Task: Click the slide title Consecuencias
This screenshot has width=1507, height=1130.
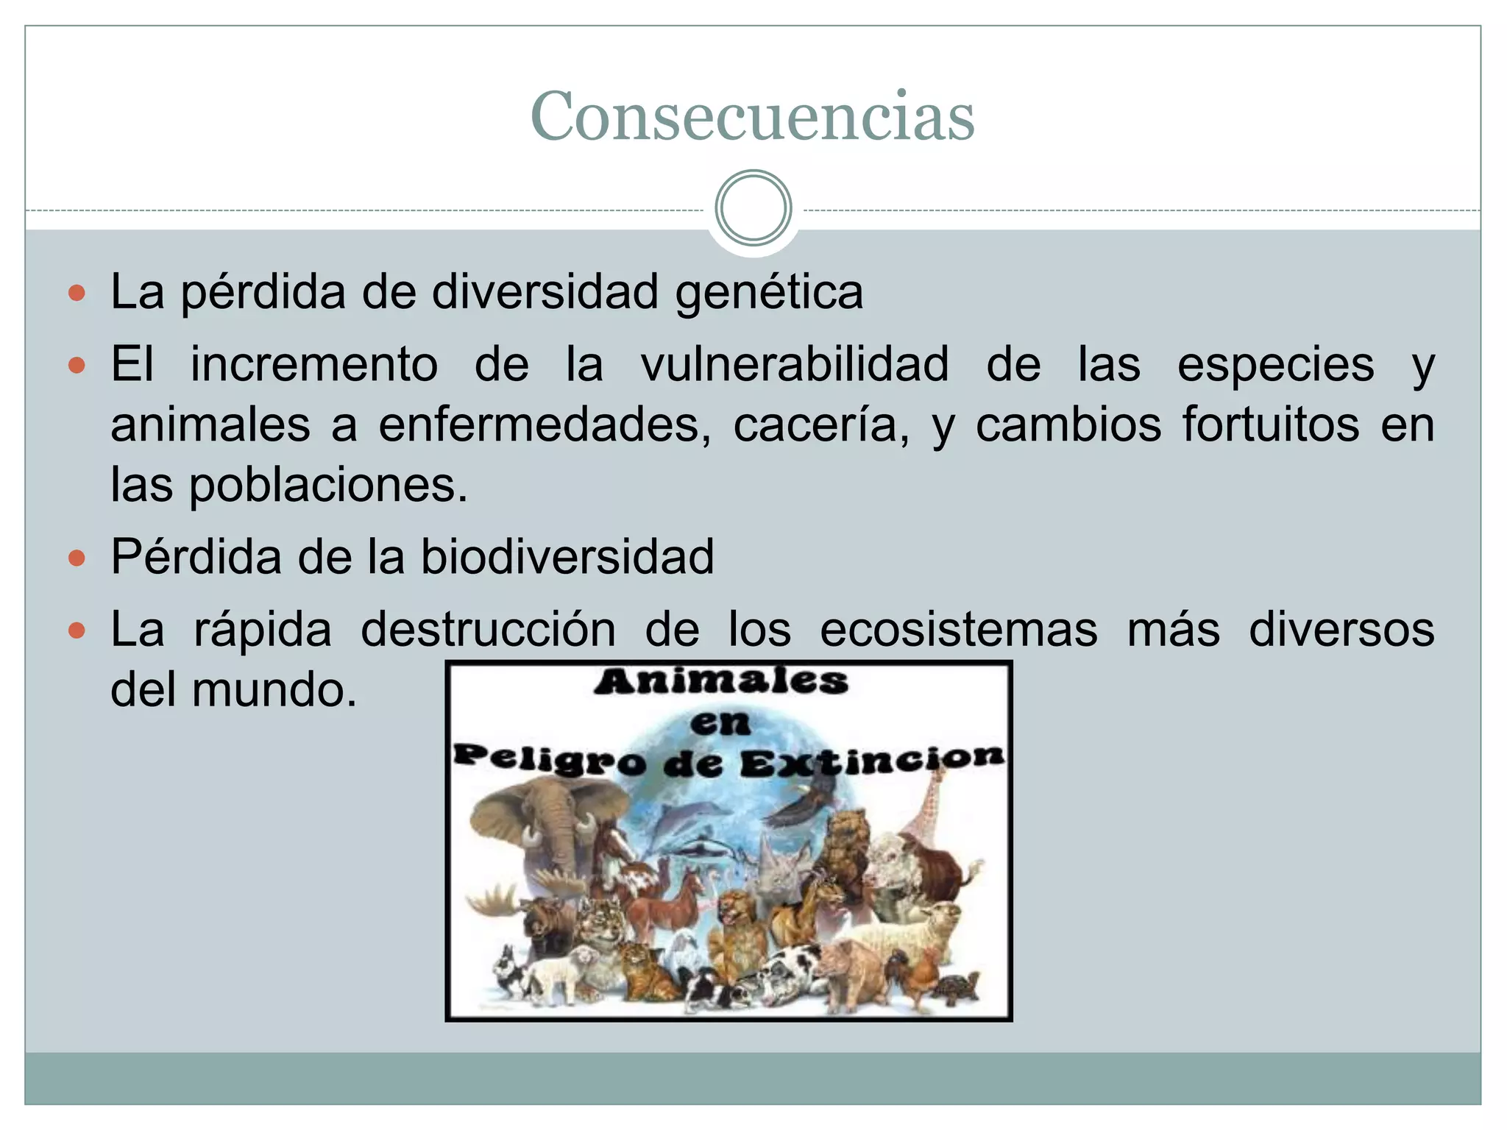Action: pyautogui.click(x=752, y=116)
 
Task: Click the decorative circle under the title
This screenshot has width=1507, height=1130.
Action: pyautogui.click(x=753, y=208)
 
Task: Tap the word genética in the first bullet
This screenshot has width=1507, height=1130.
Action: pyautogui.click(x=769, y=293)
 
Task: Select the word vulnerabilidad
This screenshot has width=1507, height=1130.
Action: pyautogui.click(x=795, y=365)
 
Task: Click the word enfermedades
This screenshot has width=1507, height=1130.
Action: pyautogui.click(x=545, y=425)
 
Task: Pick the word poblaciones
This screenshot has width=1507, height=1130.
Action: pyautogui.click(x=328, y=486)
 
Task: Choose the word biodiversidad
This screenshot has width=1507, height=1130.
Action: pyautogui.click(x=567, y=556)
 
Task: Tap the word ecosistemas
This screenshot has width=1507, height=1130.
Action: pyautogui.click(x=958, y=630)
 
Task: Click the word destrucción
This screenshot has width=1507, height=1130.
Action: pyautogui.click(x=488, y=630)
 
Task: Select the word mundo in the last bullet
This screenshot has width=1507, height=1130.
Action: pyautogui.click(x=274, y=691)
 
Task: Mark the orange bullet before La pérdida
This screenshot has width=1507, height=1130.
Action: pyautogui.click(x=77, y=294)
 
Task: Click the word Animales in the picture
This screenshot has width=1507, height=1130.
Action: pyautogui.click(x=721, y=681)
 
